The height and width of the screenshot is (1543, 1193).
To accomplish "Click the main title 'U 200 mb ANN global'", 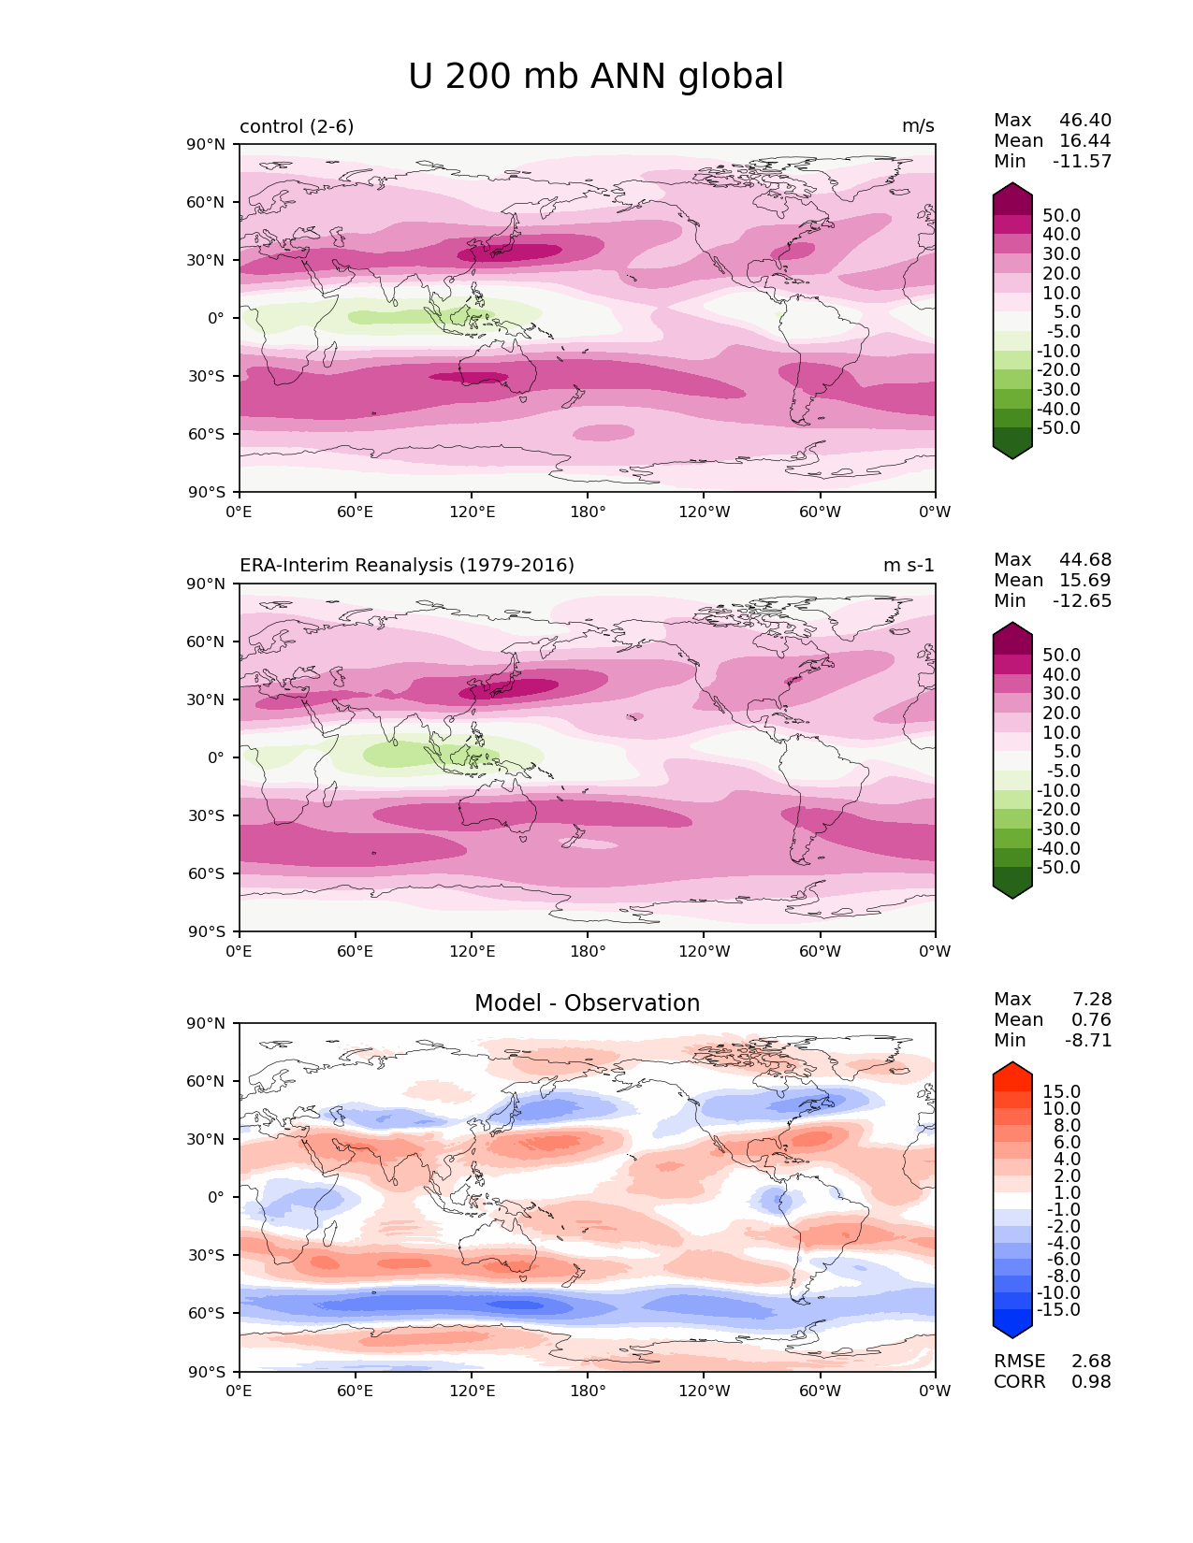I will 596,77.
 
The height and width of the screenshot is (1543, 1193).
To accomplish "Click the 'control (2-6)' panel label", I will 297,126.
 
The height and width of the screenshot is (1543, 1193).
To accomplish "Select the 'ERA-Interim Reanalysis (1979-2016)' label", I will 407,565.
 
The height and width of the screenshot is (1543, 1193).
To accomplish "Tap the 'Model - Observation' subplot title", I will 587,1003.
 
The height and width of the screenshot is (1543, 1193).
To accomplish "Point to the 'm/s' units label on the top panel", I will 917,126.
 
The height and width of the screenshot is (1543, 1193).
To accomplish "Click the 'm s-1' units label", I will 908,565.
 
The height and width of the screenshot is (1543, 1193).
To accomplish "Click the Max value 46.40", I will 1085,120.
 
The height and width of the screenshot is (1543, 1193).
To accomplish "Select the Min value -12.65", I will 1083,600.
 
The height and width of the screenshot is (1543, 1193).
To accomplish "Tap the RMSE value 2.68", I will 1091,1361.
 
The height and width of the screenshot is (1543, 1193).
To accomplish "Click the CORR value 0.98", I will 1091,1381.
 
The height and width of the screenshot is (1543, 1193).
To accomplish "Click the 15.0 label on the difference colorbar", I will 1062,1091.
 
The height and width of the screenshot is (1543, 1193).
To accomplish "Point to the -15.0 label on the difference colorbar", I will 1058,1309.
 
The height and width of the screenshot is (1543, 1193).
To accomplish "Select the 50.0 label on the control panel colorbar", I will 1062,215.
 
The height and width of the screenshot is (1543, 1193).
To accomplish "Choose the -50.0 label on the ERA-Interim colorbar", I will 1058,867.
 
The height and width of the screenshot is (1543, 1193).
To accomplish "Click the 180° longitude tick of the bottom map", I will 588,1391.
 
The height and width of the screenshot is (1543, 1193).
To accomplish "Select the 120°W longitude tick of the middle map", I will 704,951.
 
